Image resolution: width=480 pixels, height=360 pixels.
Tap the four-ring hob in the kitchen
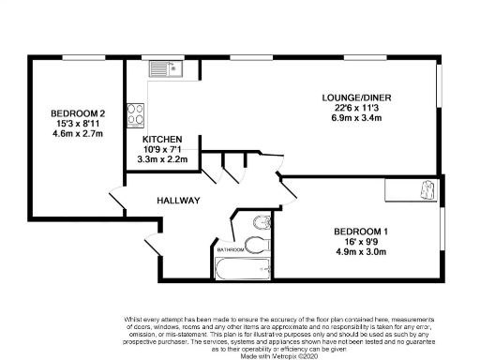(x=136, y=113)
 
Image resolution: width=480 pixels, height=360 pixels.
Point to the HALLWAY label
(x=176, y=201)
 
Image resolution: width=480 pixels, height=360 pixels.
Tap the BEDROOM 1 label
(x=361, y=231)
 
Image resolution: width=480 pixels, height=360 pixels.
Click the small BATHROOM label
(x=231, y=250)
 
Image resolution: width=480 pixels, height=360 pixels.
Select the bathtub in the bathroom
(x=241, y=271)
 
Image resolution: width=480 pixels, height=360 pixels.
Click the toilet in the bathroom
(x=263, y=222)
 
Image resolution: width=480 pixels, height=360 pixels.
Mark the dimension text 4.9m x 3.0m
(x=361, y=252)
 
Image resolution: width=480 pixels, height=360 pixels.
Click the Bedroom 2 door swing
(x=121, y=199)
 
